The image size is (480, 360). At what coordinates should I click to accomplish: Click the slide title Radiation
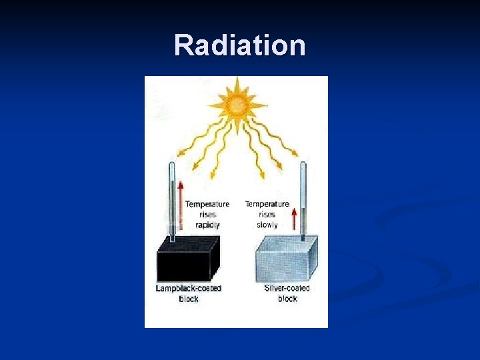coord(240,46)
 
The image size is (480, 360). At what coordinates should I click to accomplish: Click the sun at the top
coord(237,104)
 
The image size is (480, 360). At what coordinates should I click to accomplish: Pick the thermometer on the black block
coord(172,200)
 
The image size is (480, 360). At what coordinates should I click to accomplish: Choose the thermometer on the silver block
coord(303,200)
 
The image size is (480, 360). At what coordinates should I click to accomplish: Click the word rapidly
coord(207,225)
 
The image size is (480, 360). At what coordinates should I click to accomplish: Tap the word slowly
coord(267,225)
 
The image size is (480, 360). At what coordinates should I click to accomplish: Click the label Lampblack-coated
coord(189,289)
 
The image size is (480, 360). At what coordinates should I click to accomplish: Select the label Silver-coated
coord(287,289)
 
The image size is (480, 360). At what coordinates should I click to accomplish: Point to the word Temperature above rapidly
coord(207,204)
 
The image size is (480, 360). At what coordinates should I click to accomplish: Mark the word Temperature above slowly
coord(267,204)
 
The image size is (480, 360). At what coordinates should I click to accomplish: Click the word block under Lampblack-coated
coord(189,299)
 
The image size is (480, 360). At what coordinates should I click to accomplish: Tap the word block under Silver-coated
coord(287,299)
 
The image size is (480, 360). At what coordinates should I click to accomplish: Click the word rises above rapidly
coord(207,215)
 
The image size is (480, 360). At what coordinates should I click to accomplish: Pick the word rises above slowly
coord(267,215)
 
